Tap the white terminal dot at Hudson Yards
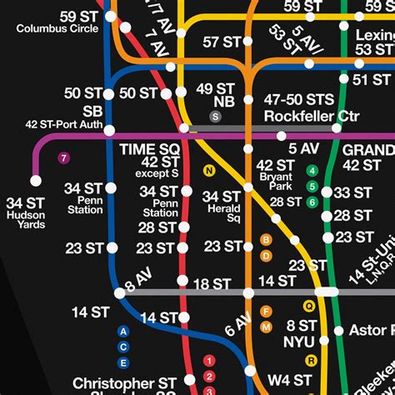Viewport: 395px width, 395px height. [x=36, y=180]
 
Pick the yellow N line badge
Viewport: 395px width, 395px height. [x=209, y=172]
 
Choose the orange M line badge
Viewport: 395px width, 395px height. [x=266, y=326]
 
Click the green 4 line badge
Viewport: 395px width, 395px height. [x=312, y=172]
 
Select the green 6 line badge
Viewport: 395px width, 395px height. [x=312, y=202]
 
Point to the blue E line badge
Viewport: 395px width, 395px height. [x=123, y=362]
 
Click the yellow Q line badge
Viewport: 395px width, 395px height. [x=310, y=305]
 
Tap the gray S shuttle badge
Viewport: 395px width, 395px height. [x=215, y=117]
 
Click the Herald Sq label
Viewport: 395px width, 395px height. [x=222, y=212]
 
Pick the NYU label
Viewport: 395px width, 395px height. [x=298, y=342]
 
